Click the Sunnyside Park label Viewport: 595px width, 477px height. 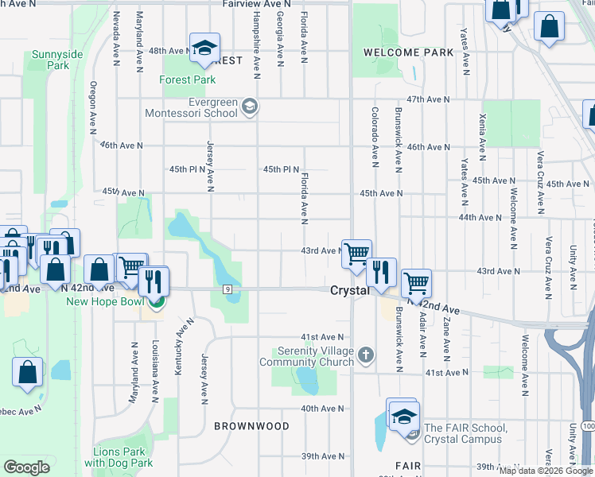tap(57, 60)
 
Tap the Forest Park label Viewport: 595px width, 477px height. tap(188, 80)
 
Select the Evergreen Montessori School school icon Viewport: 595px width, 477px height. tap(250, 106)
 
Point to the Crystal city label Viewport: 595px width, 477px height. tap(350, 291)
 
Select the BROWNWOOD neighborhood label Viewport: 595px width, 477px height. tap(251, 426)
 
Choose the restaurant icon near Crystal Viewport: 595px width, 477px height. tap(382, 272)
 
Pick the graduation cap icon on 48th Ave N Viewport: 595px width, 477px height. tap(204, 48)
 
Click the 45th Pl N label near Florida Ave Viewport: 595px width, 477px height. tap(282, 169)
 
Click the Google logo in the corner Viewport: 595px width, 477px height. tap(27, 467)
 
